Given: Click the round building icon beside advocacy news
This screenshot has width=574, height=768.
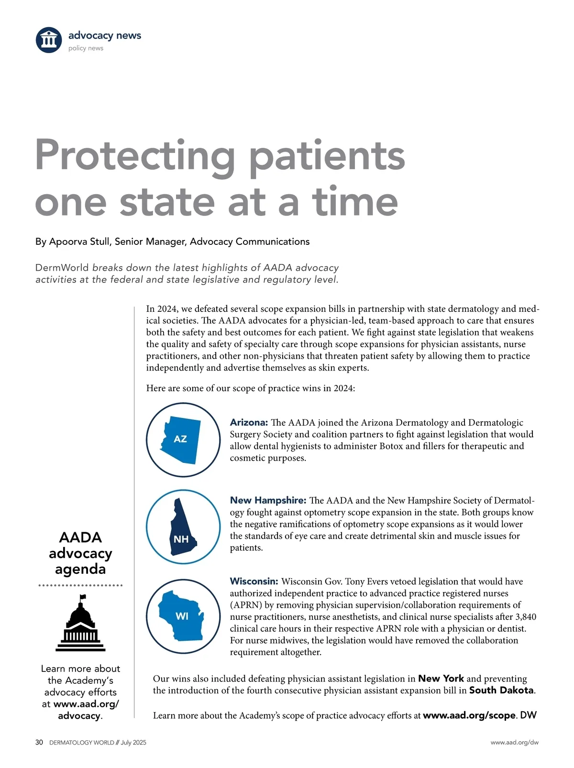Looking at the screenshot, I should tap(49, 40).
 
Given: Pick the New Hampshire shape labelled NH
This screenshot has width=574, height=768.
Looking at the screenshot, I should tap(180, 528).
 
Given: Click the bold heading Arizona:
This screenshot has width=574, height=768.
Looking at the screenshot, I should tap(248, 422).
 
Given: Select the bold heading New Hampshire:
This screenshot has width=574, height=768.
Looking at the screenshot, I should tap(267, 500).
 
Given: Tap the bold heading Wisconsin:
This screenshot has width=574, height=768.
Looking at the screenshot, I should tap(254, 581).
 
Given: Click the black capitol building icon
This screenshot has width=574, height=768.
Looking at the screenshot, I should tap(80, 626).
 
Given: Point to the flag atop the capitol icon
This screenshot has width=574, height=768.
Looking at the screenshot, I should tap(83, 597).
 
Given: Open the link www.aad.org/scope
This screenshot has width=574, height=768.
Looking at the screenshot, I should tap(469, 715).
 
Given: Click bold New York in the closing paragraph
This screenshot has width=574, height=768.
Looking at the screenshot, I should tap(441, 679).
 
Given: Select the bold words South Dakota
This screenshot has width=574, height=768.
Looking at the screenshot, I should tap(501, 690).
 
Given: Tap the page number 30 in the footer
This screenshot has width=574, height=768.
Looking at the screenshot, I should tap(39, 743).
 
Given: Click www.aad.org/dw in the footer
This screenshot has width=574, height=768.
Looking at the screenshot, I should tap(514, 743).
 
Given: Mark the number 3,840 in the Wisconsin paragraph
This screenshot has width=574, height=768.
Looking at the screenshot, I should tap(525, 617).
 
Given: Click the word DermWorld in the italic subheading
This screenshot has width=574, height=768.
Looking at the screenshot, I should tap(62, 268).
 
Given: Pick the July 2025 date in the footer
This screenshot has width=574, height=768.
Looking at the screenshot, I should tap(133, 743).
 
